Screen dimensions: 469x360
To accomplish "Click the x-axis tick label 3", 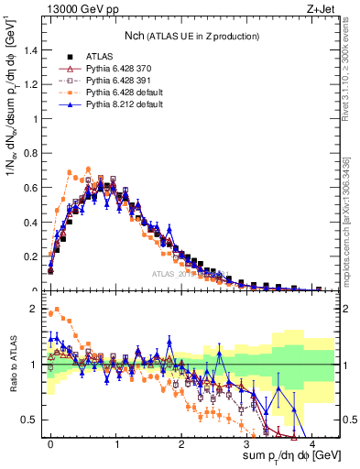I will coord(246,442).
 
